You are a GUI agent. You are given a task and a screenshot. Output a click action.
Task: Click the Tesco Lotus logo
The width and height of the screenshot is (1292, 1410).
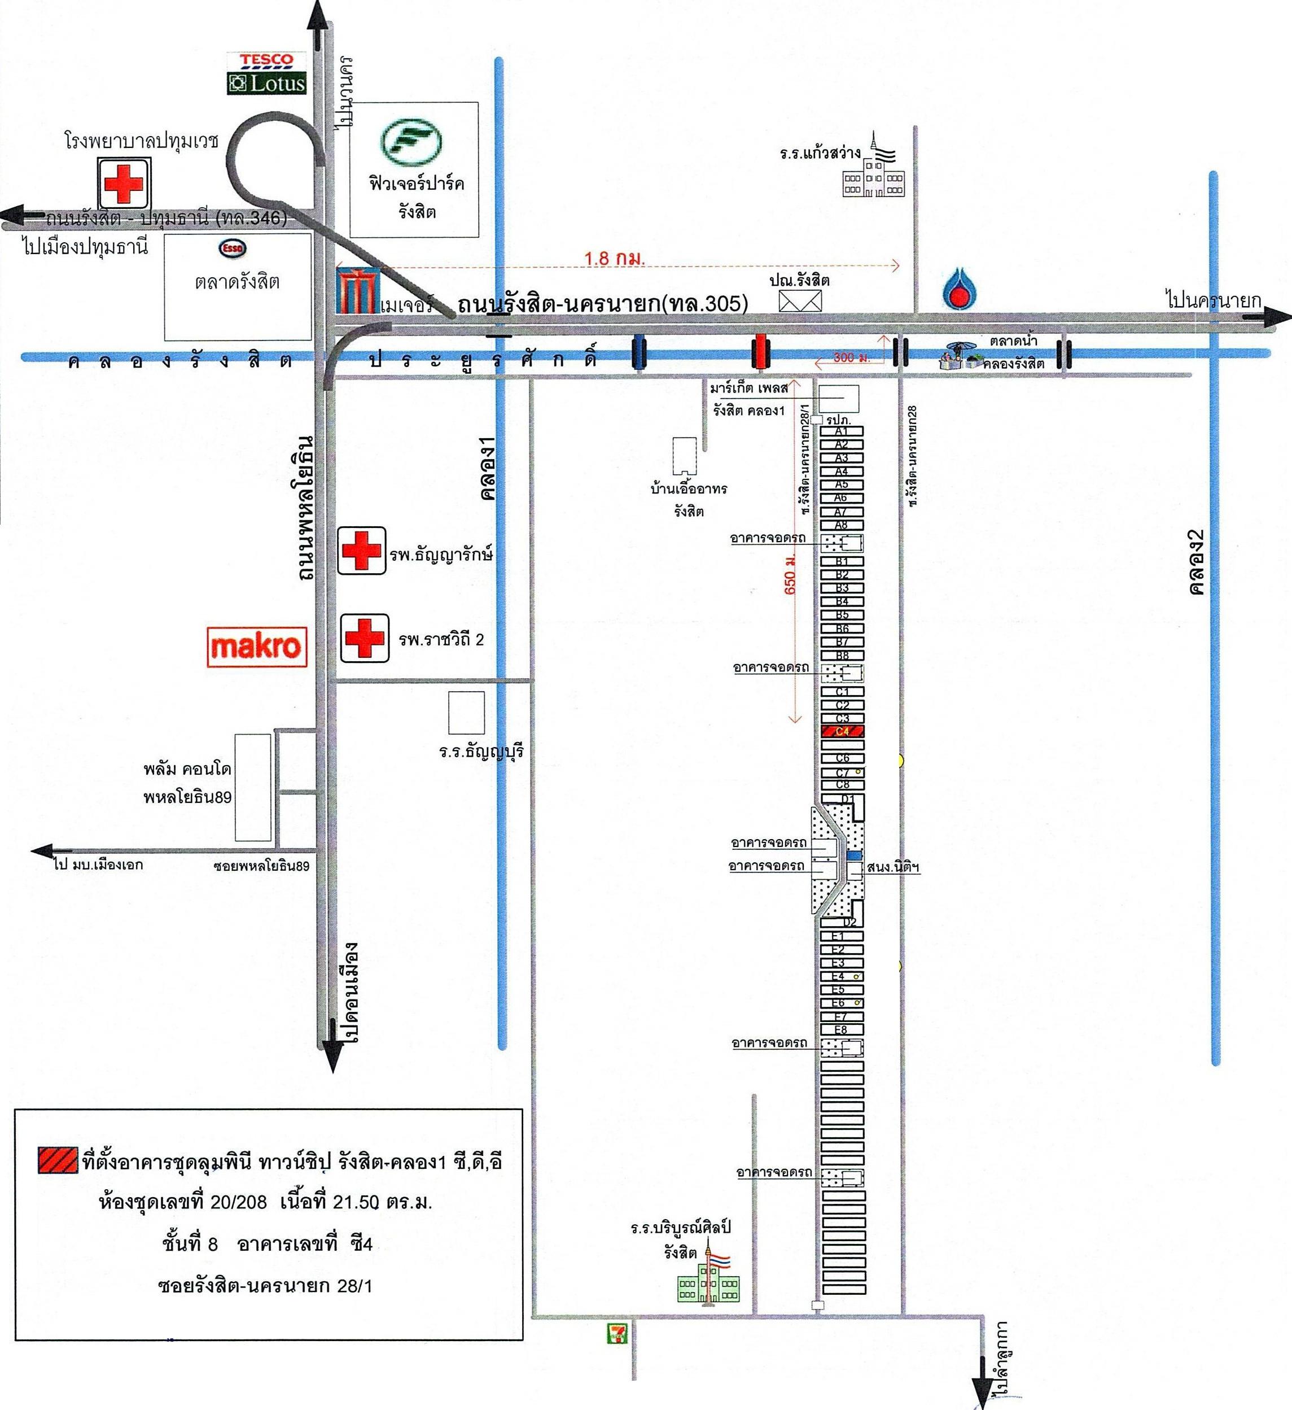click(x=266, y=73)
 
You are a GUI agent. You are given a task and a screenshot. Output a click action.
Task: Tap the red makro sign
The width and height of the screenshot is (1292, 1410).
click(x=257, y=646)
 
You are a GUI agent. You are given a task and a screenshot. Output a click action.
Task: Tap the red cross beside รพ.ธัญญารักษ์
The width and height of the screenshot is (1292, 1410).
click(x=361, y=551)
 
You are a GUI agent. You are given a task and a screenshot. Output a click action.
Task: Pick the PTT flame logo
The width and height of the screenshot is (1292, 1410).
click(x=956, y=291)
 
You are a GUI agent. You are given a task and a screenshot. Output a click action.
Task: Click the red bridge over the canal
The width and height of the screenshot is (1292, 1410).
click(x=760, y=352)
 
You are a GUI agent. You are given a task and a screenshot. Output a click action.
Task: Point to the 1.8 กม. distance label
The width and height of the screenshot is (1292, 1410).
click(x=615, y=258)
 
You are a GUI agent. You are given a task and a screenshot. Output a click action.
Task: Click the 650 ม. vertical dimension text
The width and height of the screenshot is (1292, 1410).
click(x=791, y=574)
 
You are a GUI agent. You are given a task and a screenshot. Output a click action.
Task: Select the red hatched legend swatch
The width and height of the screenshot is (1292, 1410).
click(x=58, y=1160)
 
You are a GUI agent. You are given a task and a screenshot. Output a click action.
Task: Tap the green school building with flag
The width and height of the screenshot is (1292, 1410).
click(x=708, y=1281)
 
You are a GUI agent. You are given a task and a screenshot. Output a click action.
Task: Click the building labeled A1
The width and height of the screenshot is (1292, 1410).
click(x=842, y=431)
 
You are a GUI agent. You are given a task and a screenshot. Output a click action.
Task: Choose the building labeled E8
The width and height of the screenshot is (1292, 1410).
click(x=841, y=1029)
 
